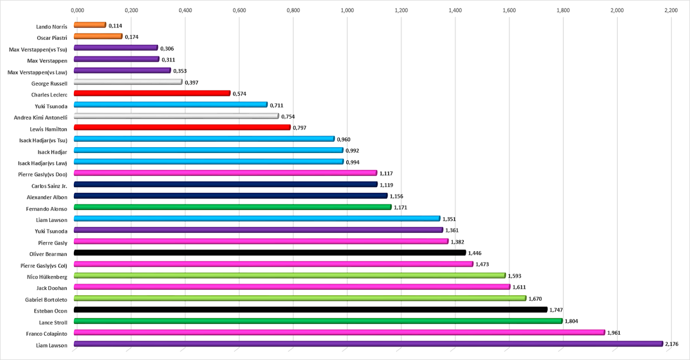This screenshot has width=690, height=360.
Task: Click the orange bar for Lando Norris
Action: (x=89, y=25)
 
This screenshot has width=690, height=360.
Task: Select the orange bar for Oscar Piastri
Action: (x=98, y=36)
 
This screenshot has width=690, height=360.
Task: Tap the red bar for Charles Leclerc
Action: (x=151, y=93)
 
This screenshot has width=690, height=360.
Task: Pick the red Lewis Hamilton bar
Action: (x=182, y=128)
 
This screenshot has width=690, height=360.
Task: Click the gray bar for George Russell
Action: (x=128, y=82)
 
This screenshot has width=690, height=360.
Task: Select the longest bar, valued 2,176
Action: (x=368, y=344)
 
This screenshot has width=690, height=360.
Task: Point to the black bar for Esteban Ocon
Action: (x=310, y=309)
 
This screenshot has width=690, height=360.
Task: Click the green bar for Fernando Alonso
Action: (x=232, y=207)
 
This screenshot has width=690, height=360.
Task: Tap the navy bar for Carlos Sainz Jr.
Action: (x=225, y=184)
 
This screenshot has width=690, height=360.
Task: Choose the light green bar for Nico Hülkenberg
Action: (x=289, y=275)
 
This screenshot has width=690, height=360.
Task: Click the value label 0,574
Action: (x=239, y=94)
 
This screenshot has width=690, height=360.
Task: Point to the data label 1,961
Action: (x=614, y=333)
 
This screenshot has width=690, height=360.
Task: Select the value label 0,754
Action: (x=288, y=116)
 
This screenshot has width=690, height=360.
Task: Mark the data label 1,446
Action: (x=475, y=253)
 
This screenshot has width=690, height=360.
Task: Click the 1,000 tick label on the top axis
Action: (x=347, y=10)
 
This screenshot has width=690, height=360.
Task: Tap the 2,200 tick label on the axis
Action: (x=671, y=10)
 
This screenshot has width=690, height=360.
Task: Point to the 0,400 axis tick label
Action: (x=185, y=10)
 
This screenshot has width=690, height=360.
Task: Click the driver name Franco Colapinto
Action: (x=47, y=334)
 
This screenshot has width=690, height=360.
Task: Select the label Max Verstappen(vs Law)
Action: (x=38, y=72)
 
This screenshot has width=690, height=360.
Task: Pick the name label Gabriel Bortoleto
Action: (x=46, y=300)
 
